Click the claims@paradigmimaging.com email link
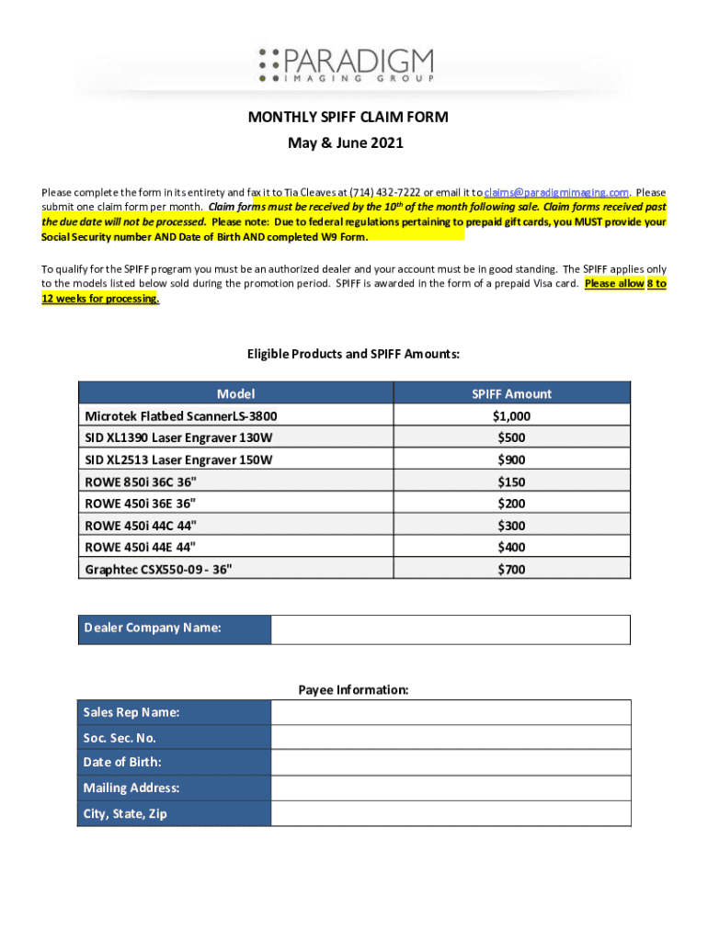pyautogui.click(x=556, y=192)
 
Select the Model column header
pyautogui.click(x=235, y=393)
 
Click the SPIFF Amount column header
pyautogui.click(x=511, y=393)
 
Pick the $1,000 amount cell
pyautogui.click(x=511, y=415)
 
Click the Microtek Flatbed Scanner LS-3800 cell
pyautogui.click(x=180, y=415)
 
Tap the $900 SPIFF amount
pyautogui.click(x=511, y=459)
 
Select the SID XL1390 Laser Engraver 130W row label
pyautogui.click(x=178, y=437)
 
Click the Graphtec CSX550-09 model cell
pyautogui.click(x=158, y=569)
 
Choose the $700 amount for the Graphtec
pyautogui.click(x=511, y=569)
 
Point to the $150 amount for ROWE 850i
pyautogui.click(x=511, y=482)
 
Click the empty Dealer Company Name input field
pyautogui.click(x=451, y=629)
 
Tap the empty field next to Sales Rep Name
pyautogui.click(x=451, y=713)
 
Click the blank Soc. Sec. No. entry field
pyautogui.click(x=451, y=738)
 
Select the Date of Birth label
pyautogui.click(x=122, y=763)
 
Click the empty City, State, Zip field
pyautogui.click(x=451, y=813)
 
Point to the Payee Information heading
pyautogui.click(x=353, y=689)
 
